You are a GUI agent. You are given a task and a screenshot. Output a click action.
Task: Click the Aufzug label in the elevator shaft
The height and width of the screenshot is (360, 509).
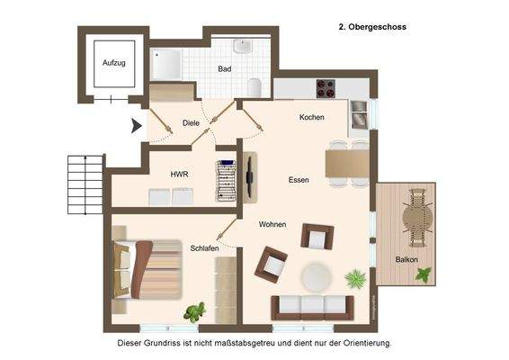[x=114, y=62]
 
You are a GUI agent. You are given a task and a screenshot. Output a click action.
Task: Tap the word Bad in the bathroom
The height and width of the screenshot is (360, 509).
[x=226, y=68]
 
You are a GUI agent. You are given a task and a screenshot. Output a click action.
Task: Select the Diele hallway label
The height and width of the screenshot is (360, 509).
[x=191, y=122]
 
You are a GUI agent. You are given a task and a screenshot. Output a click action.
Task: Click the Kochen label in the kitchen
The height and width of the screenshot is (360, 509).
[x=311, y=118]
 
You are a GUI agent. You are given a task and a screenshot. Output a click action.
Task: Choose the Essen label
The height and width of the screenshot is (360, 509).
[x=299, y=180]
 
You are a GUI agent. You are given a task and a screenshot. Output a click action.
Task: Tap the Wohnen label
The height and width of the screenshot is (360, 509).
[x=272, y=224]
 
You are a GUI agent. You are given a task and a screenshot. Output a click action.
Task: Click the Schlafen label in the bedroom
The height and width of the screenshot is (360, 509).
[x=204, y=247]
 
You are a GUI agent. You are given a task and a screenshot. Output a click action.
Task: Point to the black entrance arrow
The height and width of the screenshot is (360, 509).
[x=137, y=127]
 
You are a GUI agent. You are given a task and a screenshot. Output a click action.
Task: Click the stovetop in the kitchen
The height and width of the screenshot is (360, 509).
[x=325, y=88]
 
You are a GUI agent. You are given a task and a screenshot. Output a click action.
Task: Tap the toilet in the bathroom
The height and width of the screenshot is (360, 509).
[x=255, y=86]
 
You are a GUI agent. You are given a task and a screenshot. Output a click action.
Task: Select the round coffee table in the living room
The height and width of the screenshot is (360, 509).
[x=316, y=274]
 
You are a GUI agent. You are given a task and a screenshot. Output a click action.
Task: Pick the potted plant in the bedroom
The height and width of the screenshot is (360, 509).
[x=194, y=312]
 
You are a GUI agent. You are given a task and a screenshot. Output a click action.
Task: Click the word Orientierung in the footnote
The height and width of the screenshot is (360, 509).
[x=362, y=343]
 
